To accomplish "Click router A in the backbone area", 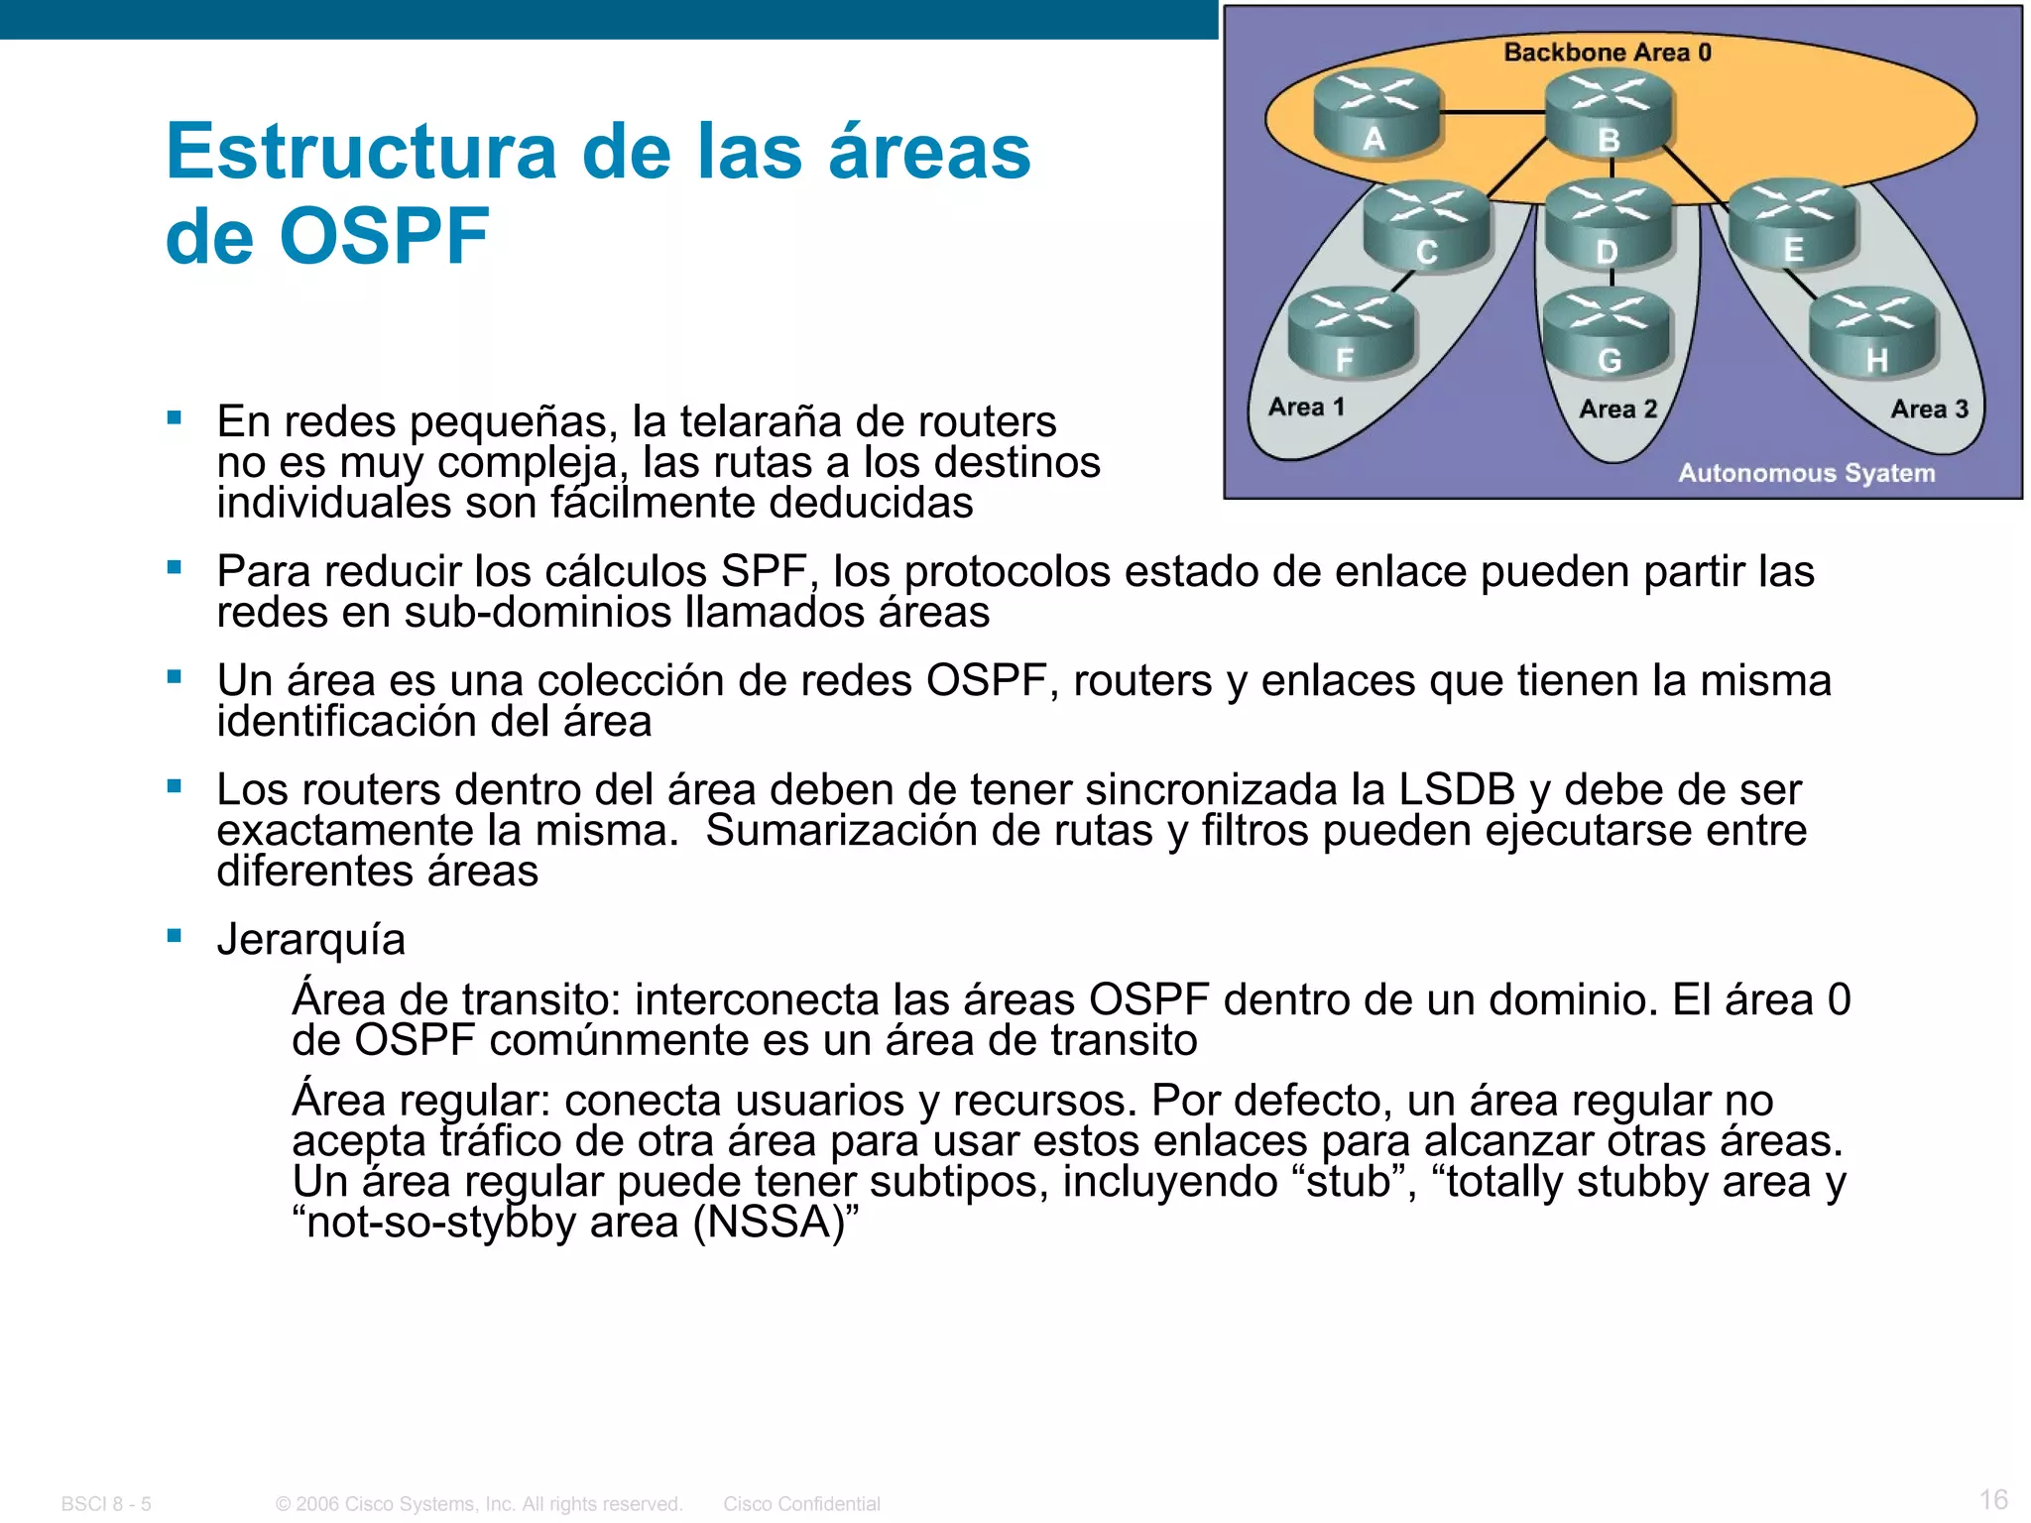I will click(1375, 115).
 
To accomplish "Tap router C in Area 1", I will click(1426, 227).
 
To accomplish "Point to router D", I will click(1609, 227).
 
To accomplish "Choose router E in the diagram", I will click(1793, 225).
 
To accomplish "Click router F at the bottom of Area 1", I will click(1351, 334).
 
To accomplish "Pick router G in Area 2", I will click(1609, 336).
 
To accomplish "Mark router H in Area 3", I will click(1873, 336).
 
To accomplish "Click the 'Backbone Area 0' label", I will click(1608, 53).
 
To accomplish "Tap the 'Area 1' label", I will click(1306, 408).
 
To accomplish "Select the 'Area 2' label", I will click(1617, 409).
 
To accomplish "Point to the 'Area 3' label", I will click(1929, 409).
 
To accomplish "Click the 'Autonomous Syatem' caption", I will click(1806, 473).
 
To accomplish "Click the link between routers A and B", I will click(1493, 112).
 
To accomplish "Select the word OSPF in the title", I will click(384, 237).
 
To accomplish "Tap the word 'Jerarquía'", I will click(310, 939).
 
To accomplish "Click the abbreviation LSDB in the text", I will click(1456, 789).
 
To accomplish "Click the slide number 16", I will click(1993, 1498).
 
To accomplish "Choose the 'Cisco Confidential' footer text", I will click(801, 1504).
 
